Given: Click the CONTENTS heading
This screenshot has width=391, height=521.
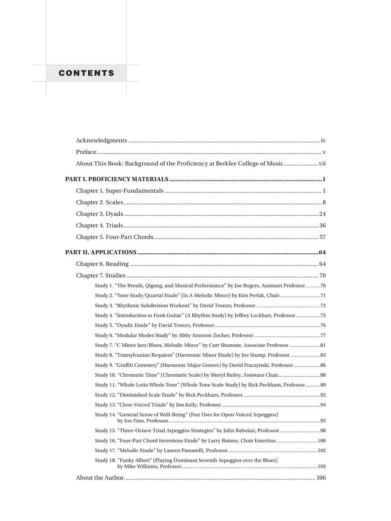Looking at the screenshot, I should coord(86,73).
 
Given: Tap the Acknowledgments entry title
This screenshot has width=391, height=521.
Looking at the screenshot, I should coord(101,141).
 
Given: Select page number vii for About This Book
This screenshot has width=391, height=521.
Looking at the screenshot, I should coord(322,164).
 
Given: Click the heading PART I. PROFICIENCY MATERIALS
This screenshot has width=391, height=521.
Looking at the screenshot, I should coord(117,179).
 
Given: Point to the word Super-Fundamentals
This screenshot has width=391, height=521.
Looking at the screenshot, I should coord(134,191).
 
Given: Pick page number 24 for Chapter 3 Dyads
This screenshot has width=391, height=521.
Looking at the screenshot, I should coord(322,214).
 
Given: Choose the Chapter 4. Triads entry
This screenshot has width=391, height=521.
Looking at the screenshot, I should coord(99,225).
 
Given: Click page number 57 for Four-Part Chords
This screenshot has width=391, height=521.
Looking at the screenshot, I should coord(322,237).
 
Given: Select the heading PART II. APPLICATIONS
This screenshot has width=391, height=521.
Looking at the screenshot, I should coord(101,252).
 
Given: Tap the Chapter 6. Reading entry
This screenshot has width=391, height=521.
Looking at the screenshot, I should coord(102,264).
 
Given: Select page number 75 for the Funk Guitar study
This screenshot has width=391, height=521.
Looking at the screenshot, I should coord(323,316).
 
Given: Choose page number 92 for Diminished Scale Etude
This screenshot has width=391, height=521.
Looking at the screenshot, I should coord(323,395).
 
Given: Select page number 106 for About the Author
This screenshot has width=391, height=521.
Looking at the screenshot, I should coord(321,478).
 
